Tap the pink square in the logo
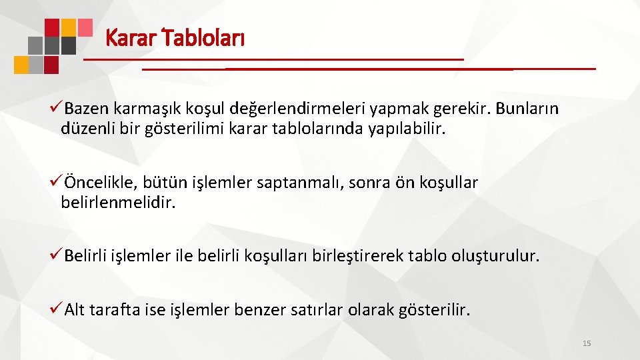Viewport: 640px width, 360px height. (x=85, y=27)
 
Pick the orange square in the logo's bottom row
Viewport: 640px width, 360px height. (x=22, y=64)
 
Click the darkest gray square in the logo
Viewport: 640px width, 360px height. (x=68, y=45)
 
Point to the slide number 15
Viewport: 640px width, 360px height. (x=587, y=343)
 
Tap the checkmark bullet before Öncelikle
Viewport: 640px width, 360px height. (x=57, y=182)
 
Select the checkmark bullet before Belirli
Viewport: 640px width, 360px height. (x=57, y=256)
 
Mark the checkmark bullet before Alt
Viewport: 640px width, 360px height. (x=57, y=309)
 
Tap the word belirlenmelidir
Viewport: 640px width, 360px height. (x=118, y=202)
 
